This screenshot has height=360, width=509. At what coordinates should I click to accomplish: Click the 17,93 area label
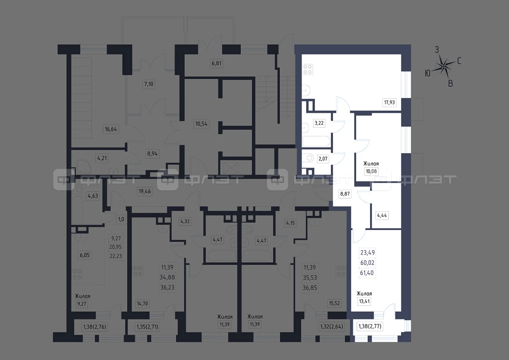click(x=389, y=103)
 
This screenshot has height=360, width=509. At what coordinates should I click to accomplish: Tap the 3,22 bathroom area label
click(x=319, y=123)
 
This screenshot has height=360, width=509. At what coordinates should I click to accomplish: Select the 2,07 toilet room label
click(x=323, y=158)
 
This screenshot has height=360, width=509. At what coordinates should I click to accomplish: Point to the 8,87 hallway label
click(x=345, y=194)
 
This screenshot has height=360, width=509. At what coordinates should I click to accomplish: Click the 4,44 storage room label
click(x=382, y=215)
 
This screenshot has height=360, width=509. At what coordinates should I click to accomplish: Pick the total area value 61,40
click(x=367, y=273)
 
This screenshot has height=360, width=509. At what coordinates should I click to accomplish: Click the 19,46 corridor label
click(x=145, y=191)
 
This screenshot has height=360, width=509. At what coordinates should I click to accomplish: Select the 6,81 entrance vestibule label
click(x=217, y=63)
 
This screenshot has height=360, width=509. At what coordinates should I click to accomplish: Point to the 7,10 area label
click(x=149, y=84)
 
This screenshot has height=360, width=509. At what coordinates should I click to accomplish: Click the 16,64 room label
click(x=111, y=129)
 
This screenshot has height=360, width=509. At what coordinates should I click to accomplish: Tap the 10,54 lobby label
click(x=201, y=124)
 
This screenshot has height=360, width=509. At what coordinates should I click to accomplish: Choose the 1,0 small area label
click(x=121, y=219)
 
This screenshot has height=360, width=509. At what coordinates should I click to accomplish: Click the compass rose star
click(x=443, y=66)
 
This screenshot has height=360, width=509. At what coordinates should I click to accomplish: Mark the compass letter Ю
click(x=427, y=73)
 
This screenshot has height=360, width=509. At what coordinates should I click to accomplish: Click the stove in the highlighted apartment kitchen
click(x=307, y=69)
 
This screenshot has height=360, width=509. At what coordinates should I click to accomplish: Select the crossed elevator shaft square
click(x=231, y=168)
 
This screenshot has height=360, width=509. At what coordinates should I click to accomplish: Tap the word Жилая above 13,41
click(x=364, y=294)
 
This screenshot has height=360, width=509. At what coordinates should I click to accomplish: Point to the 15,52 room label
click(x=334, y=303)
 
